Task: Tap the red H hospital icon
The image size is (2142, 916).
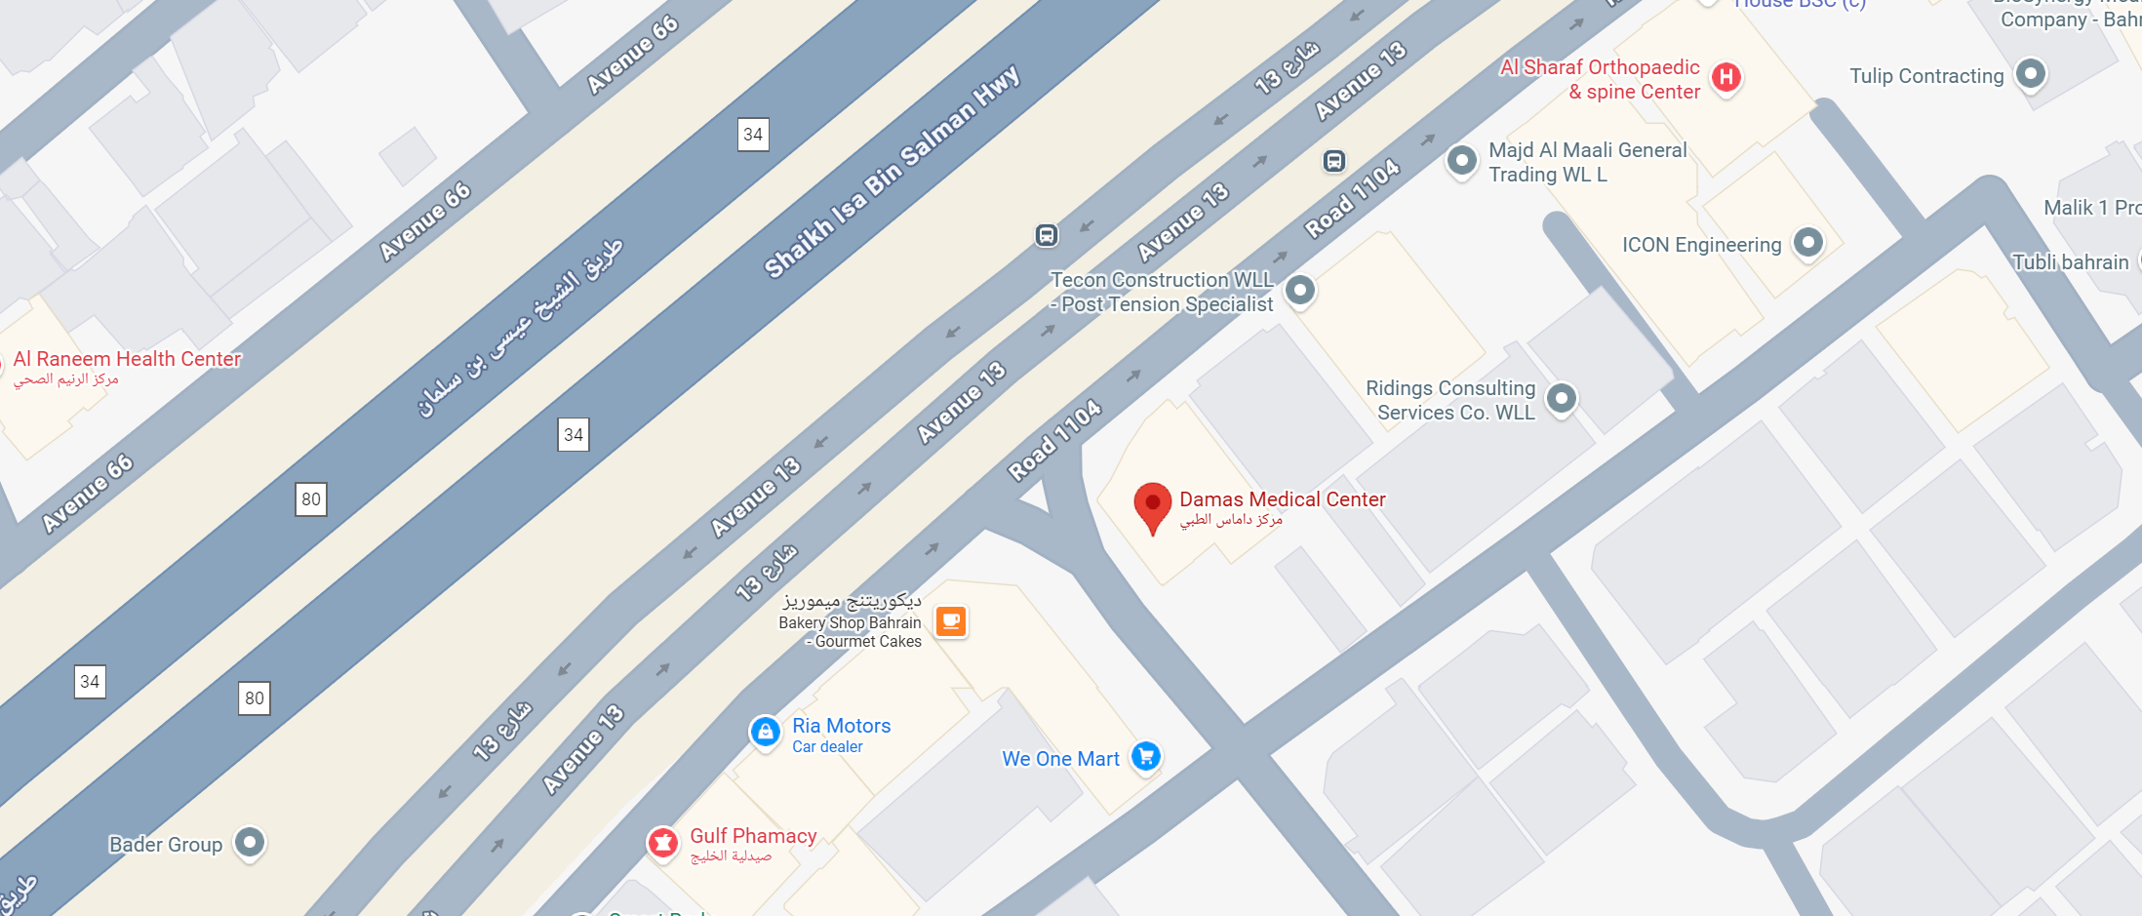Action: click(1725, 77)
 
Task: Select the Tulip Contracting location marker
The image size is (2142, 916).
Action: click(2030, 73)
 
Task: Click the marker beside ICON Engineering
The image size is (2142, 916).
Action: click(1807, 242)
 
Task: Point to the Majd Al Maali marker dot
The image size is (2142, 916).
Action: click(1461, 160)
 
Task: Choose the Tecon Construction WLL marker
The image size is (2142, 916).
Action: click(1299, 290)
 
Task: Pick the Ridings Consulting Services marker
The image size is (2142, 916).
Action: click(1561, 398)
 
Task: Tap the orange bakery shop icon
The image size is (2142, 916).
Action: click(950, 621)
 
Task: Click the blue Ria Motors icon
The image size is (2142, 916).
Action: click(765, 731)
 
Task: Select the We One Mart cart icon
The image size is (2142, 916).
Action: click(1146, 756)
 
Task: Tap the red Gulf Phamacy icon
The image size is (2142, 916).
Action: click(663, 842)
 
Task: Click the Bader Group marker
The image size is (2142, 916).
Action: click(250, 842)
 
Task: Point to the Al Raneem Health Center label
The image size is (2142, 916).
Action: click(127, 359)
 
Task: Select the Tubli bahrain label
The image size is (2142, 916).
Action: click(2070, 262)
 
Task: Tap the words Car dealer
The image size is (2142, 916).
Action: click(827, 747)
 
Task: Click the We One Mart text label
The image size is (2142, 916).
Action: click(1060, 759)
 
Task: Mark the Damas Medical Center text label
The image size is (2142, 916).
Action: click(1282, 499)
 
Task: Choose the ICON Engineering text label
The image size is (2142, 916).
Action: click(1701, 245)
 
